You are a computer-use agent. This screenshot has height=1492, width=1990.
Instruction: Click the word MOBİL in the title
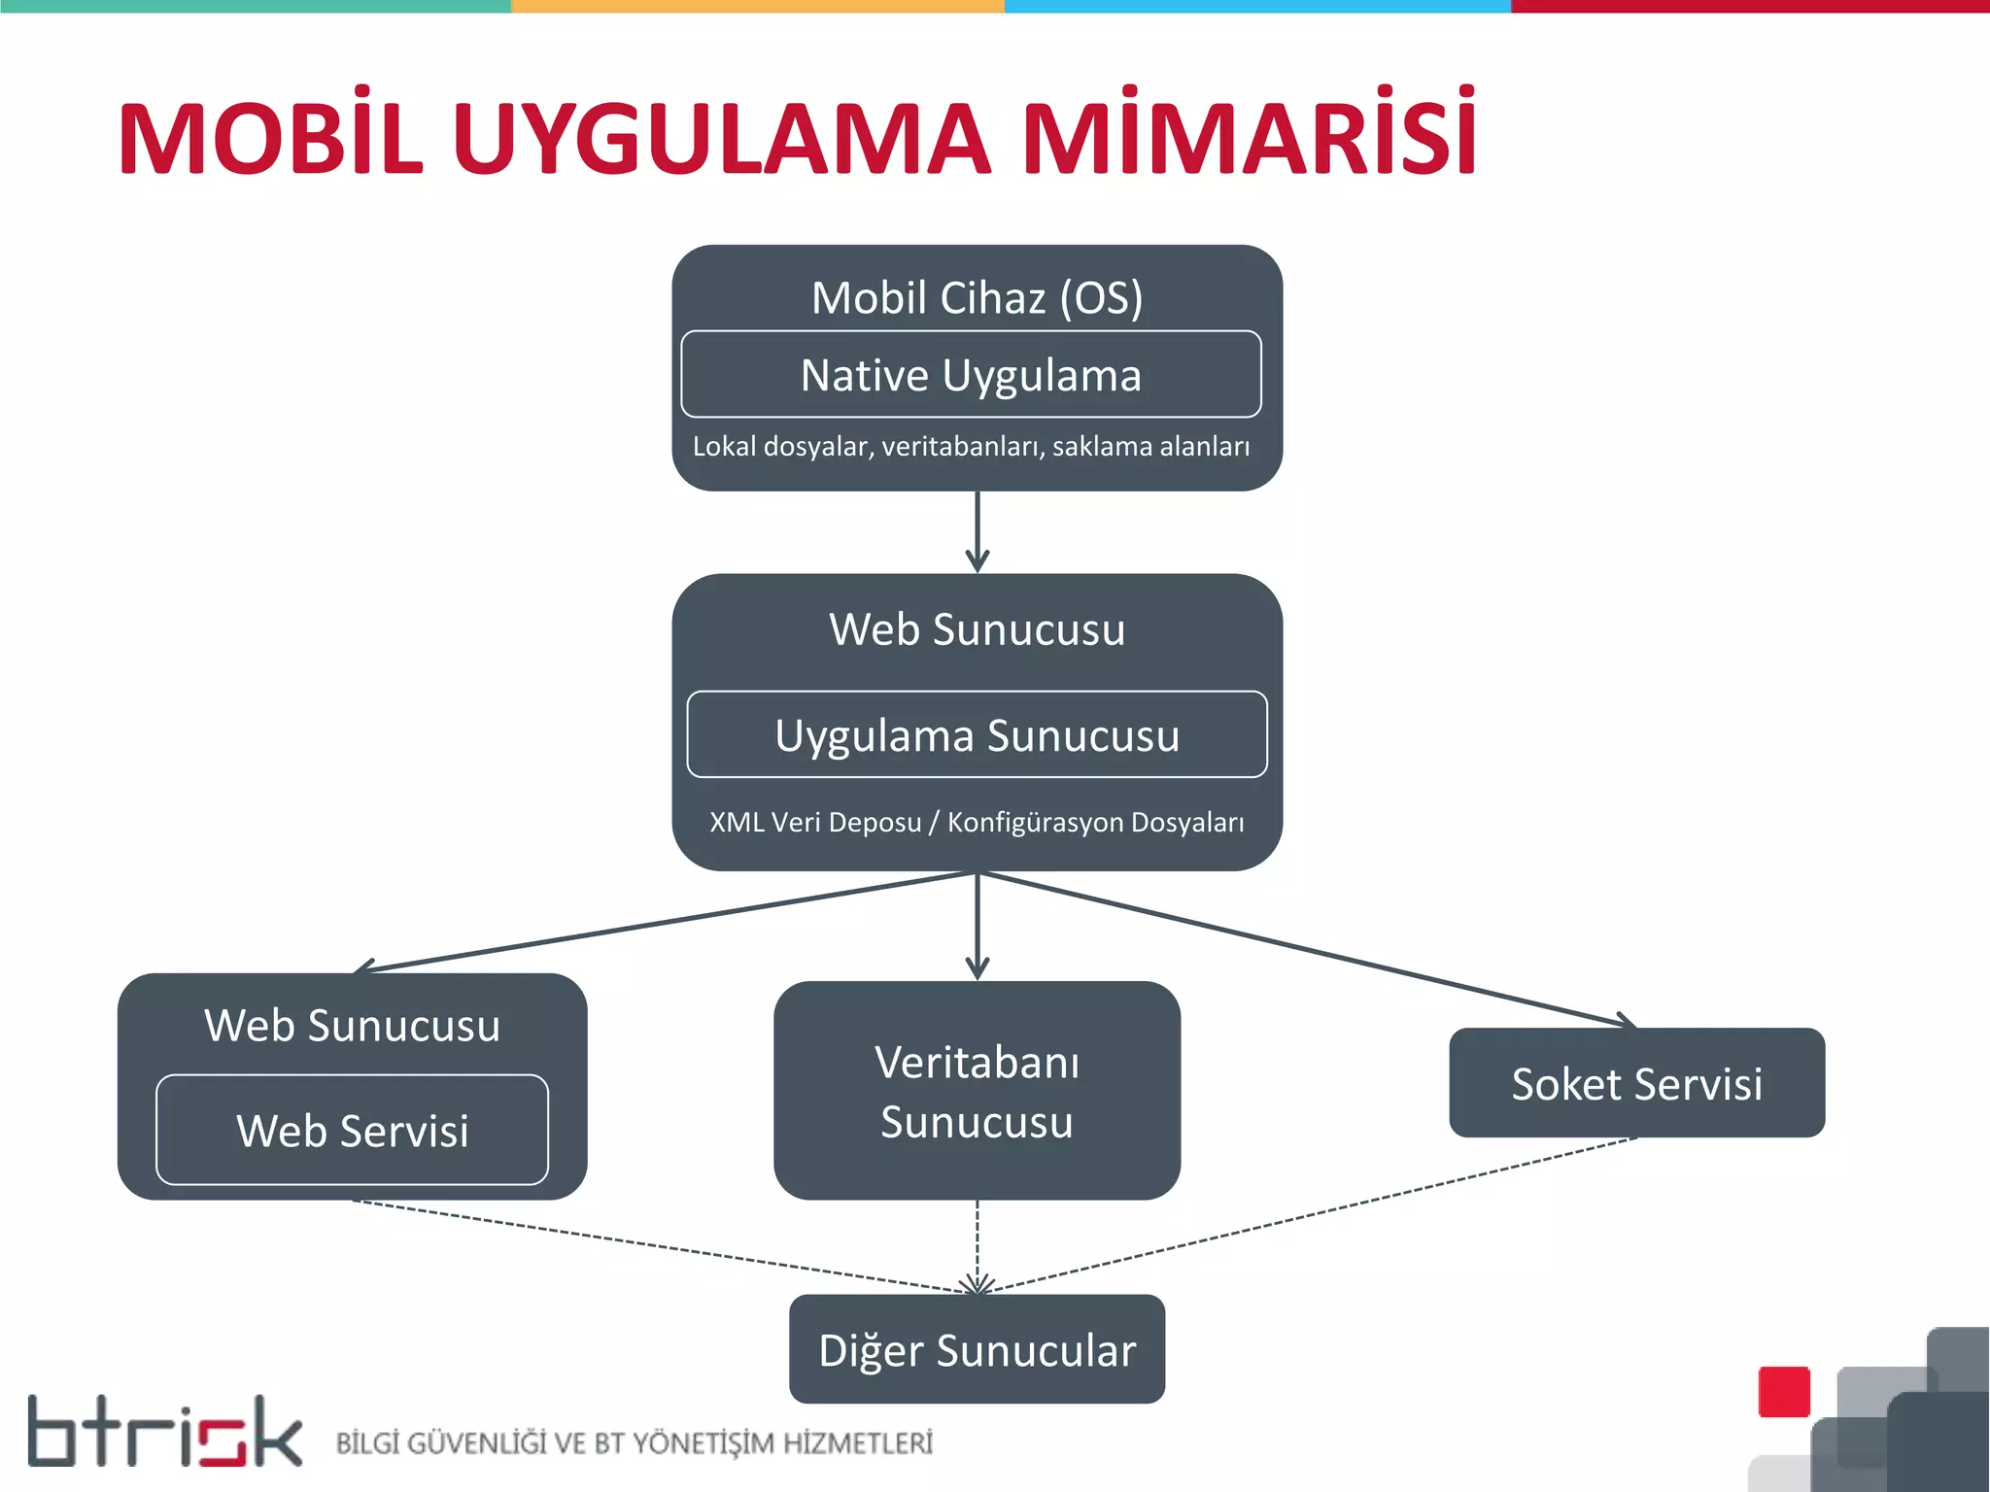(270, 138)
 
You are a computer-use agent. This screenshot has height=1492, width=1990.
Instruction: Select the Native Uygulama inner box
(971, 375)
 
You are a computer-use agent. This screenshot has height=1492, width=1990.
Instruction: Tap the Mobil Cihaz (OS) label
(977, 297)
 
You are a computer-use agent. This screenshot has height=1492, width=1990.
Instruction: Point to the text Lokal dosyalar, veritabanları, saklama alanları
(971, 447)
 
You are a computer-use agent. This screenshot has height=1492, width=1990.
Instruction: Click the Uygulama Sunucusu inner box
(977, 735)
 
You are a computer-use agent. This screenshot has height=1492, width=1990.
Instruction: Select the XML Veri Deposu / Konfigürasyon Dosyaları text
(977, 823)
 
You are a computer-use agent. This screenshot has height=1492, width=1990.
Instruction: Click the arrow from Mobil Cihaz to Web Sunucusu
(978, 530)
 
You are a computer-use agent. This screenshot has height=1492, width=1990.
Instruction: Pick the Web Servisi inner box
(352, 1131)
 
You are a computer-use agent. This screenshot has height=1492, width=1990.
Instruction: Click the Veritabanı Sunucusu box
(977, 1092)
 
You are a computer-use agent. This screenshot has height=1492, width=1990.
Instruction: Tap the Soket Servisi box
(1636, 1084)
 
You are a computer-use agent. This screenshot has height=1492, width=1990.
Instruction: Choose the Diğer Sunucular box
(977, 1350)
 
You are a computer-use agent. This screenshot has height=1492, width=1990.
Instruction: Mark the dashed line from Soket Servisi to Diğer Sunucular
(1312, 1215)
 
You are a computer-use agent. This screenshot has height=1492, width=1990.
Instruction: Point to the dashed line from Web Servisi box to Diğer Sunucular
(661, 1245)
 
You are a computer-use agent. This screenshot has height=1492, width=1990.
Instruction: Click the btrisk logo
(164, 1433)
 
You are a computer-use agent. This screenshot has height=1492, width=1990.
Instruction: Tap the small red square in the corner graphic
(1784, 1391)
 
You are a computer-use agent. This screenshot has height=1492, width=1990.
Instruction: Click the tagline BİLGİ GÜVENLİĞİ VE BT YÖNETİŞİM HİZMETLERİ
(634, 1443)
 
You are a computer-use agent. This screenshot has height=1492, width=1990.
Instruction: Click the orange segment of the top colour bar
(758, 6)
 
